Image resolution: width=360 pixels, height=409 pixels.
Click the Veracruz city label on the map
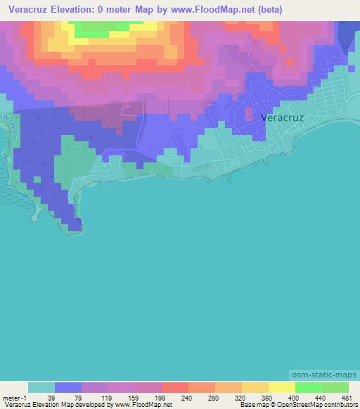(x=282, y=118)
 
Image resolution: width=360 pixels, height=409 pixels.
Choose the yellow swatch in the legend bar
(x=281, y=387)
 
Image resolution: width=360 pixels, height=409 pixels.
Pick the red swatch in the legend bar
(x=174, y=387)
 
